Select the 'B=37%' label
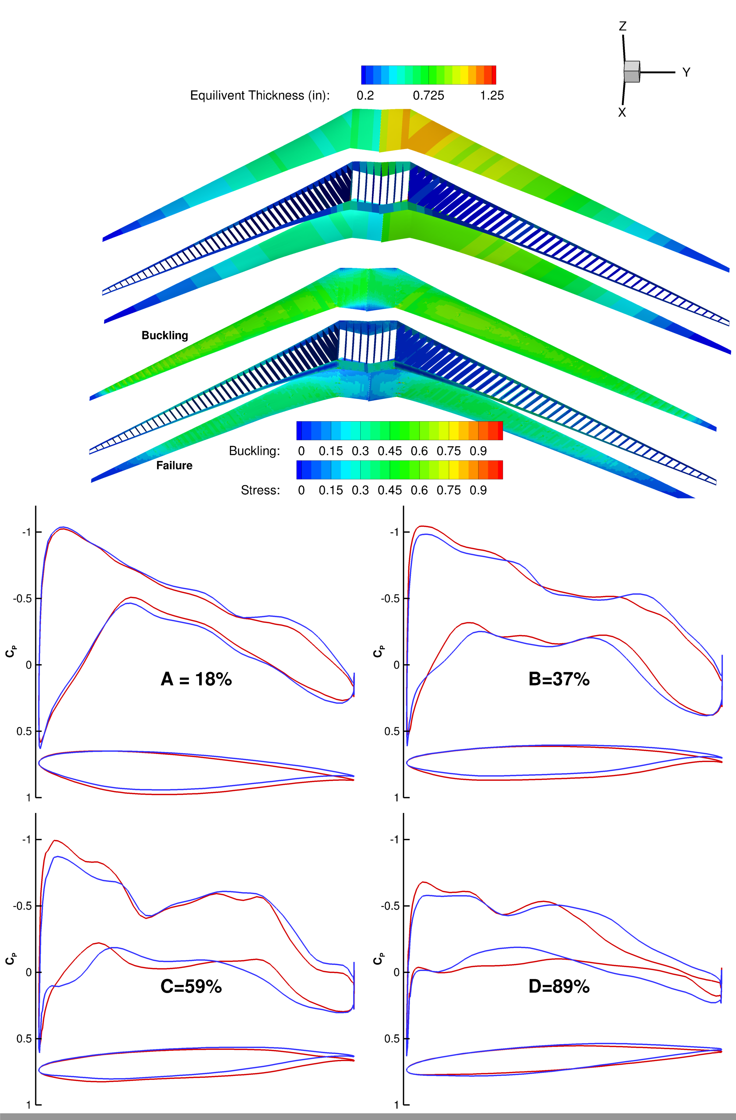559,679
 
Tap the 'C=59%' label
191,986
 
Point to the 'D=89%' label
559,986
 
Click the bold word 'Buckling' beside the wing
165,335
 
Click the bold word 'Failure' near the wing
174,465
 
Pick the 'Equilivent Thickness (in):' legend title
259,96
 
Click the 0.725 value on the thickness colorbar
428,96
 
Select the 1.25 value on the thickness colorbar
492,96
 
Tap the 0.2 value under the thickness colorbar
365,96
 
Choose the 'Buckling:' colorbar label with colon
254,451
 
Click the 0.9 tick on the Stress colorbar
478,490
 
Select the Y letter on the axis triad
686,72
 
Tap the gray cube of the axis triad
632,72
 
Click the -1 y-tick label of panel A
26,532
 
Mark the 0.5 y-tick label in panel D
392,1039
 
